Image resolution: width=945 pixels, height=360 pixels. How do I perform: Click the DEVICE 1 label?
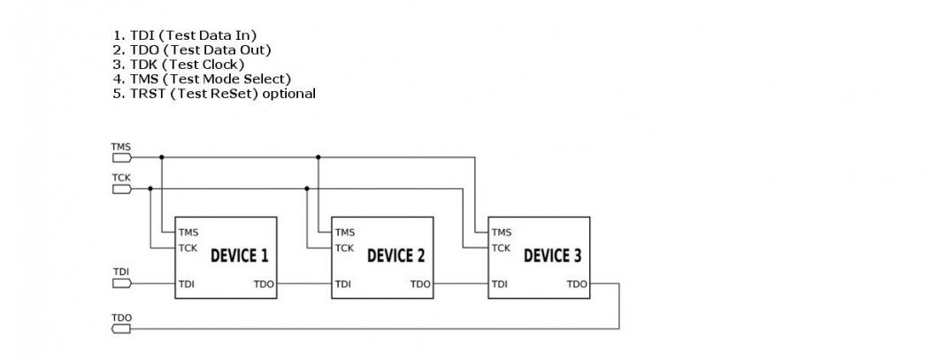pos(239,257)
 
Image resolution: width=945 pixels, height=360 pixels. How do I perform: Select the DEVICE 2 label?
pos(396,257)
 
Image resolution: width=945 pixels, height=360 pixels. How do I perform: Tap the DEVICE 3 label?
pos(552,257)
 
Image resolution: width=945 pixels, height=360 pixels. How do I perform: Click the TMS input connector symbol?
pos(121,157)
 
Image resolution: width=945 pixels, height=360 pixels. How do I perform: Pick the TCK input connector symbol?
pos(121,188)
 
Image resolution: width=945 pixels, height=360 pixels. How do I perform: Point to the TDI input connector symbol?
pos(121,283)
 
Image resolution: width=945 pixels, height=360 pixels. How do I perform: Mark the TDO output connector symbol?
pos(121,329)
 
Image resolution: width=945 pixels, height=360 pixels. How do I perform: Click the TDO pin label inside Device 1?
pos(264,284)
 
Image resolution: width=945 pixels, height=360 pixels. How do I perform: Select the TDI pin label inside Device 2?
pos(342,284)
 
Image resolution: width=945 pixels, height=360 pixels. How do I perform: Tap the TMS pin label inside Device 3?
pos(502,233)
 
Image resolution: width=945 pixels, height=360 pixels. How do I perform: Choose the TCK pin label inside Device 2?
pos(344,248)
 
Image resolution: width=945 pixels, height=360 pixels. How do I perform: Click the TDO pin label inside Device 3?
pos(577,284)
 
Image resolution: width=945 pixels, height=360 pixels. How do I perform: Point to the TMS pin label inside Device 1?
pos(188,233)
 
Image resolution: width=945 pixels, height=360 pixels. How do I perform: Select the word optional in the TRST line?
pos(285,93)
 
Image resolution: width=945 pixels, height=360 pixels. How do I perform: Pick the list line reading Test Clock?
pos(178,65)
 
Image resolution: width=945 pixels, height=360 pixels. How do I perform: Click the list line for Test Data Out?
pos(191,50)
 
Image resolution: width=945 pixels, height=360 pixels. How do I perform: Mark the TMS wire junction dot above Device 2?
pos(318,157)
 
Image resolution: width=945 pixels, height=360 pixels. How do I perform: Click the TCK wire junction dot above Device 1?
pos(150,188)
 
